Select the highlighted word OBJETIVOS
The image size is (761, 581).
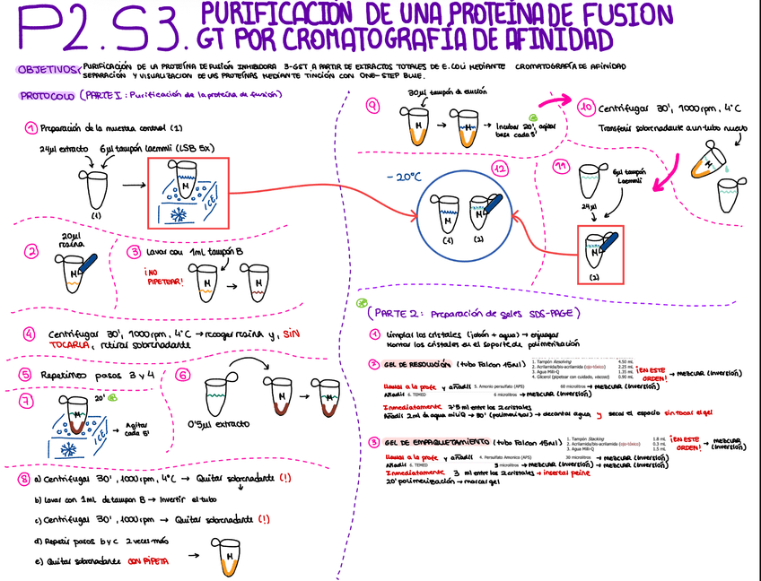pos(46,69)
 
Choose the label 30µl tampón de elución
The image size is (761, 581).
pos(439,92)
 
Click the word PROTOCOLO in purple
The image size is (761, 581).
pos(46,96)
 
